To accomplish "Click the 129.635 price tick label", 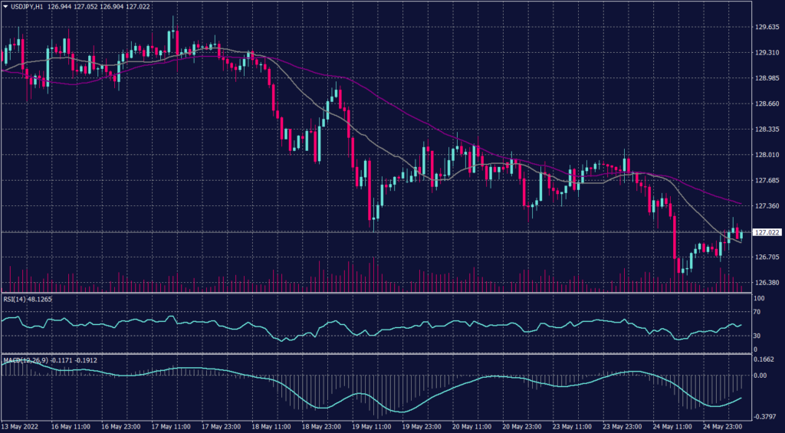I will [x=767, y=28].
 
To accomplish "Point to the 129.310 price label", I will [x=767, y=53].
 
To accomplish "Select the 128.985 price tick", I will [x=767, y=78].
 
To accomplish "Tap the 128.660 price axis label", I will [x=767, y=103].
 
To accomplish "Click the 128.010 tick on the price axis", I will [x=767, y=155].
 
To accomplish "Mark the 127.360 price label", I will [x=767, y=206].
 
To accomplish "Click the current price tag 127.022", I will [x=767, y=232].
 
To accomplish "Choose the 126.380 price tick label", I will [x=767, y=283].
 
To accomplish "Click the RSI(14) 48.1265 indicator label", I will [x=29, y=300].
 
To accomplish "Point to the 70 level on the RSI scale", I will [x=756, y=313].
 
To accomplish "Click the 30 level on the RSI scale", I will [x=756, y=336].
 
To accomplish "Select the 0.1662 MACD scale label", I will [x=764, y=359].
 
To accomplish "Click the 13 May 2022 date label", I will [x=21, y=426].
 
